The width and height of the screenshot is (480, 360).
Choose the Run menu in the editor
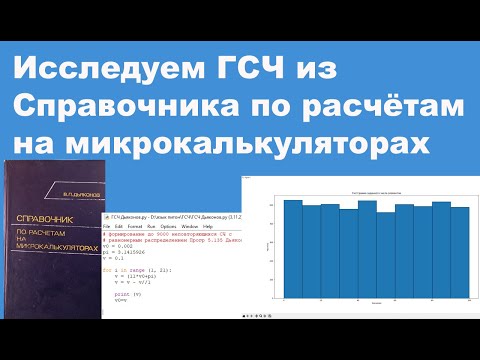[152, 226]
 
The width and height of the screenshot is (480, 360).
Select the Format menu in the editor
[136, 226]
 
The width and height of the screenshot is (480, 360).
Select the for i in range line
[140, 270]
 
